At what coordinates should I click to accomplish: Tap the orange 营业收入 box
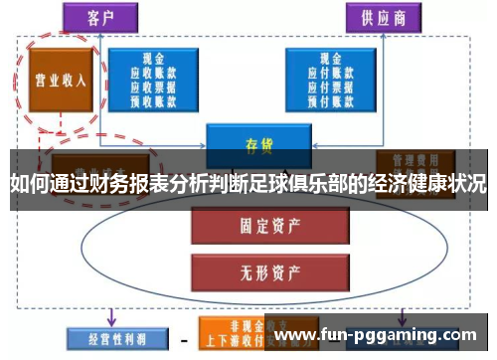(x=57, y=79)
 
